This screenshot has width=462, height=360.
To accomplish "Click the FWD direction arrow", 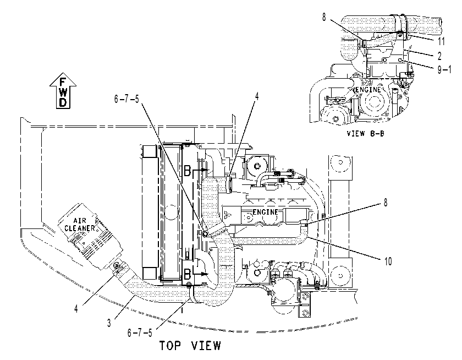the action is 63,91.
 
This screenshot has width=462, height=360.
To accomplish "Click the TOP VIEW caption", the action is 190,346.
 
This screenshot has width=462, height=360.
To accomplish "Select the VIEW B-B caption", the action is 365,134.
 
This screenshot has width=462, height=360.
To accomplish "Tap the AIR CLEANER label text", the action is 80,225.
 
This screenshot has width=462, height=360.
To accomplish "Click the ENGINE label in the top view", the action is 265,212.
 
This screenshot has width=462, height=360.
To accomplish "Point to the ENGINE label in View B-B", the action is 368,89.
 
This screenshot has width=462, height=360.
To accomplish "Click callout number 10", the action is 388,261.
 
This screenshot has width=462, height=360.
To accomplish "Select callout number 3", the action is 109,323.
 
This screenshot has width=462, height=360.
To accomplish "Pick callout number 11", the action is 441,41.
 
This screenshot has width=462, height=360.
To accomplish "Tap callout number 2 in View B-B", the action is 439,56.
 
